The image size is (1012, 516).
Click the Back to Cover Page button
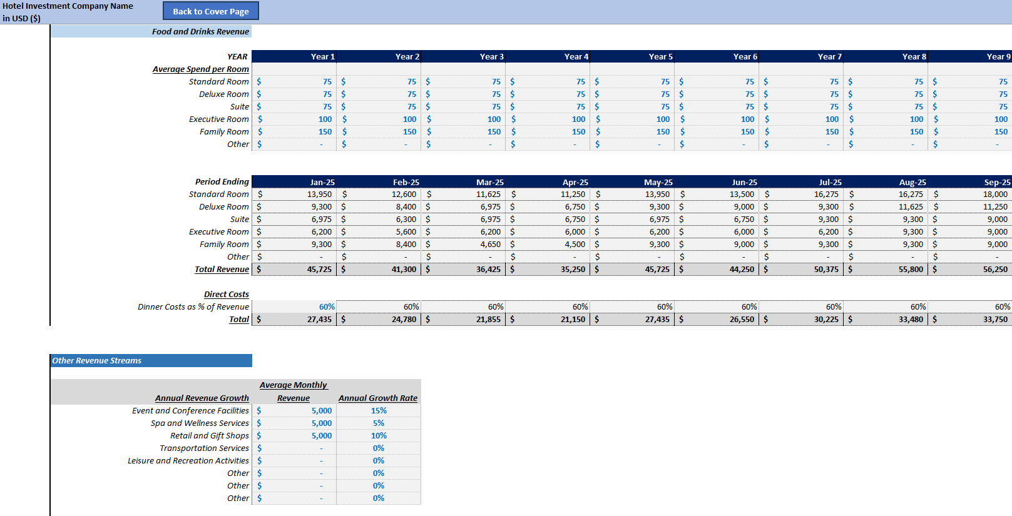point(210,11)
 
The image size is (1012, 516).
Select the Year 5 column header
point(660,56)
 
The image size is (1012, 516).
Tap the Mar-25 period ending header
point(489,182)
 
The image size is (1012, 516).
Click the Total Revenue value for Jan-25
point(319,269)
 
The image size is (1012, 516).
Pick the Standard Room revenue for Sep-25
point(995,194)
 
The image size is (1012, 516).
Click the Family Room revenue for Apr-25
point(575,244)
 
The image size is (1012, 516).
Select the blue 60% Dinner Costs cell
point(327,306)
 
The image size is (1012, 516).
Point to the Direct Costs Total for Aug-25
point(911,319)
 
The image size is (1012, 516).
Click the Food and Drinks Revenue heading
point(200,31)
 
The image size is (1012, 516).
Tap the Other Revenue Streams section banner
point(97,360)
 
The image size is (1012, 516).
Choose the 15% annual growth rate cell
point(379,410)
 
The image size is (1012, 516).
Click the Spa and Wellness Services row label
point(200,423)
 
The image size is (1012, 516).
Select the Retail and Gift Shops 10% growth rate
point(379,435)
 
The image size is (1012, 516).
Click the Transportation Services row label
point(204,448)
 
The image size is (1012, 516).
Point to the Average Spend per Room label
point(200,69)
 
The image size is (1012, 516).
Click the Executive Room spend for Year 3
point(494,119)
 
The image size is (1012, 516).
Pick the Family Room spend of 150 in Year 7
point(832,131)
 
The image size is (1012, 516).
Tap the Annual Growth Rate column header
point(378,398)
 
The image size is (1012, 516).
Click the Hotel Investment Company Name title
point(68,6)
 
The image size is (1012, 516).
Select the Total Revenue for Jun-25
point(742,269)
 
